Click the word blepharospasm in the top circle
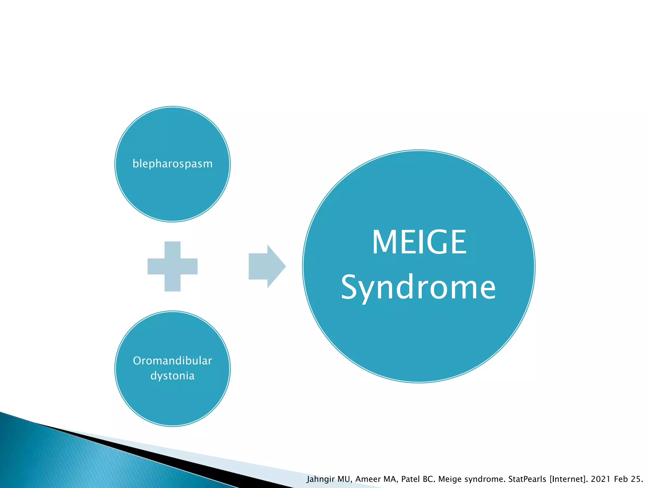click(172, 164)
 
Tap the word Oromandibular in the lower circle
click(172, 361)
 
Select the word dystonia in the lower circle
click(172, 376)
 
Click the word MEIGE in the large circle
click(419, 242)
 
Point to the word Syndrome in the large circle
click(418, 288)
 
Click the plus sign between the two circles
click(172, 266)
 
